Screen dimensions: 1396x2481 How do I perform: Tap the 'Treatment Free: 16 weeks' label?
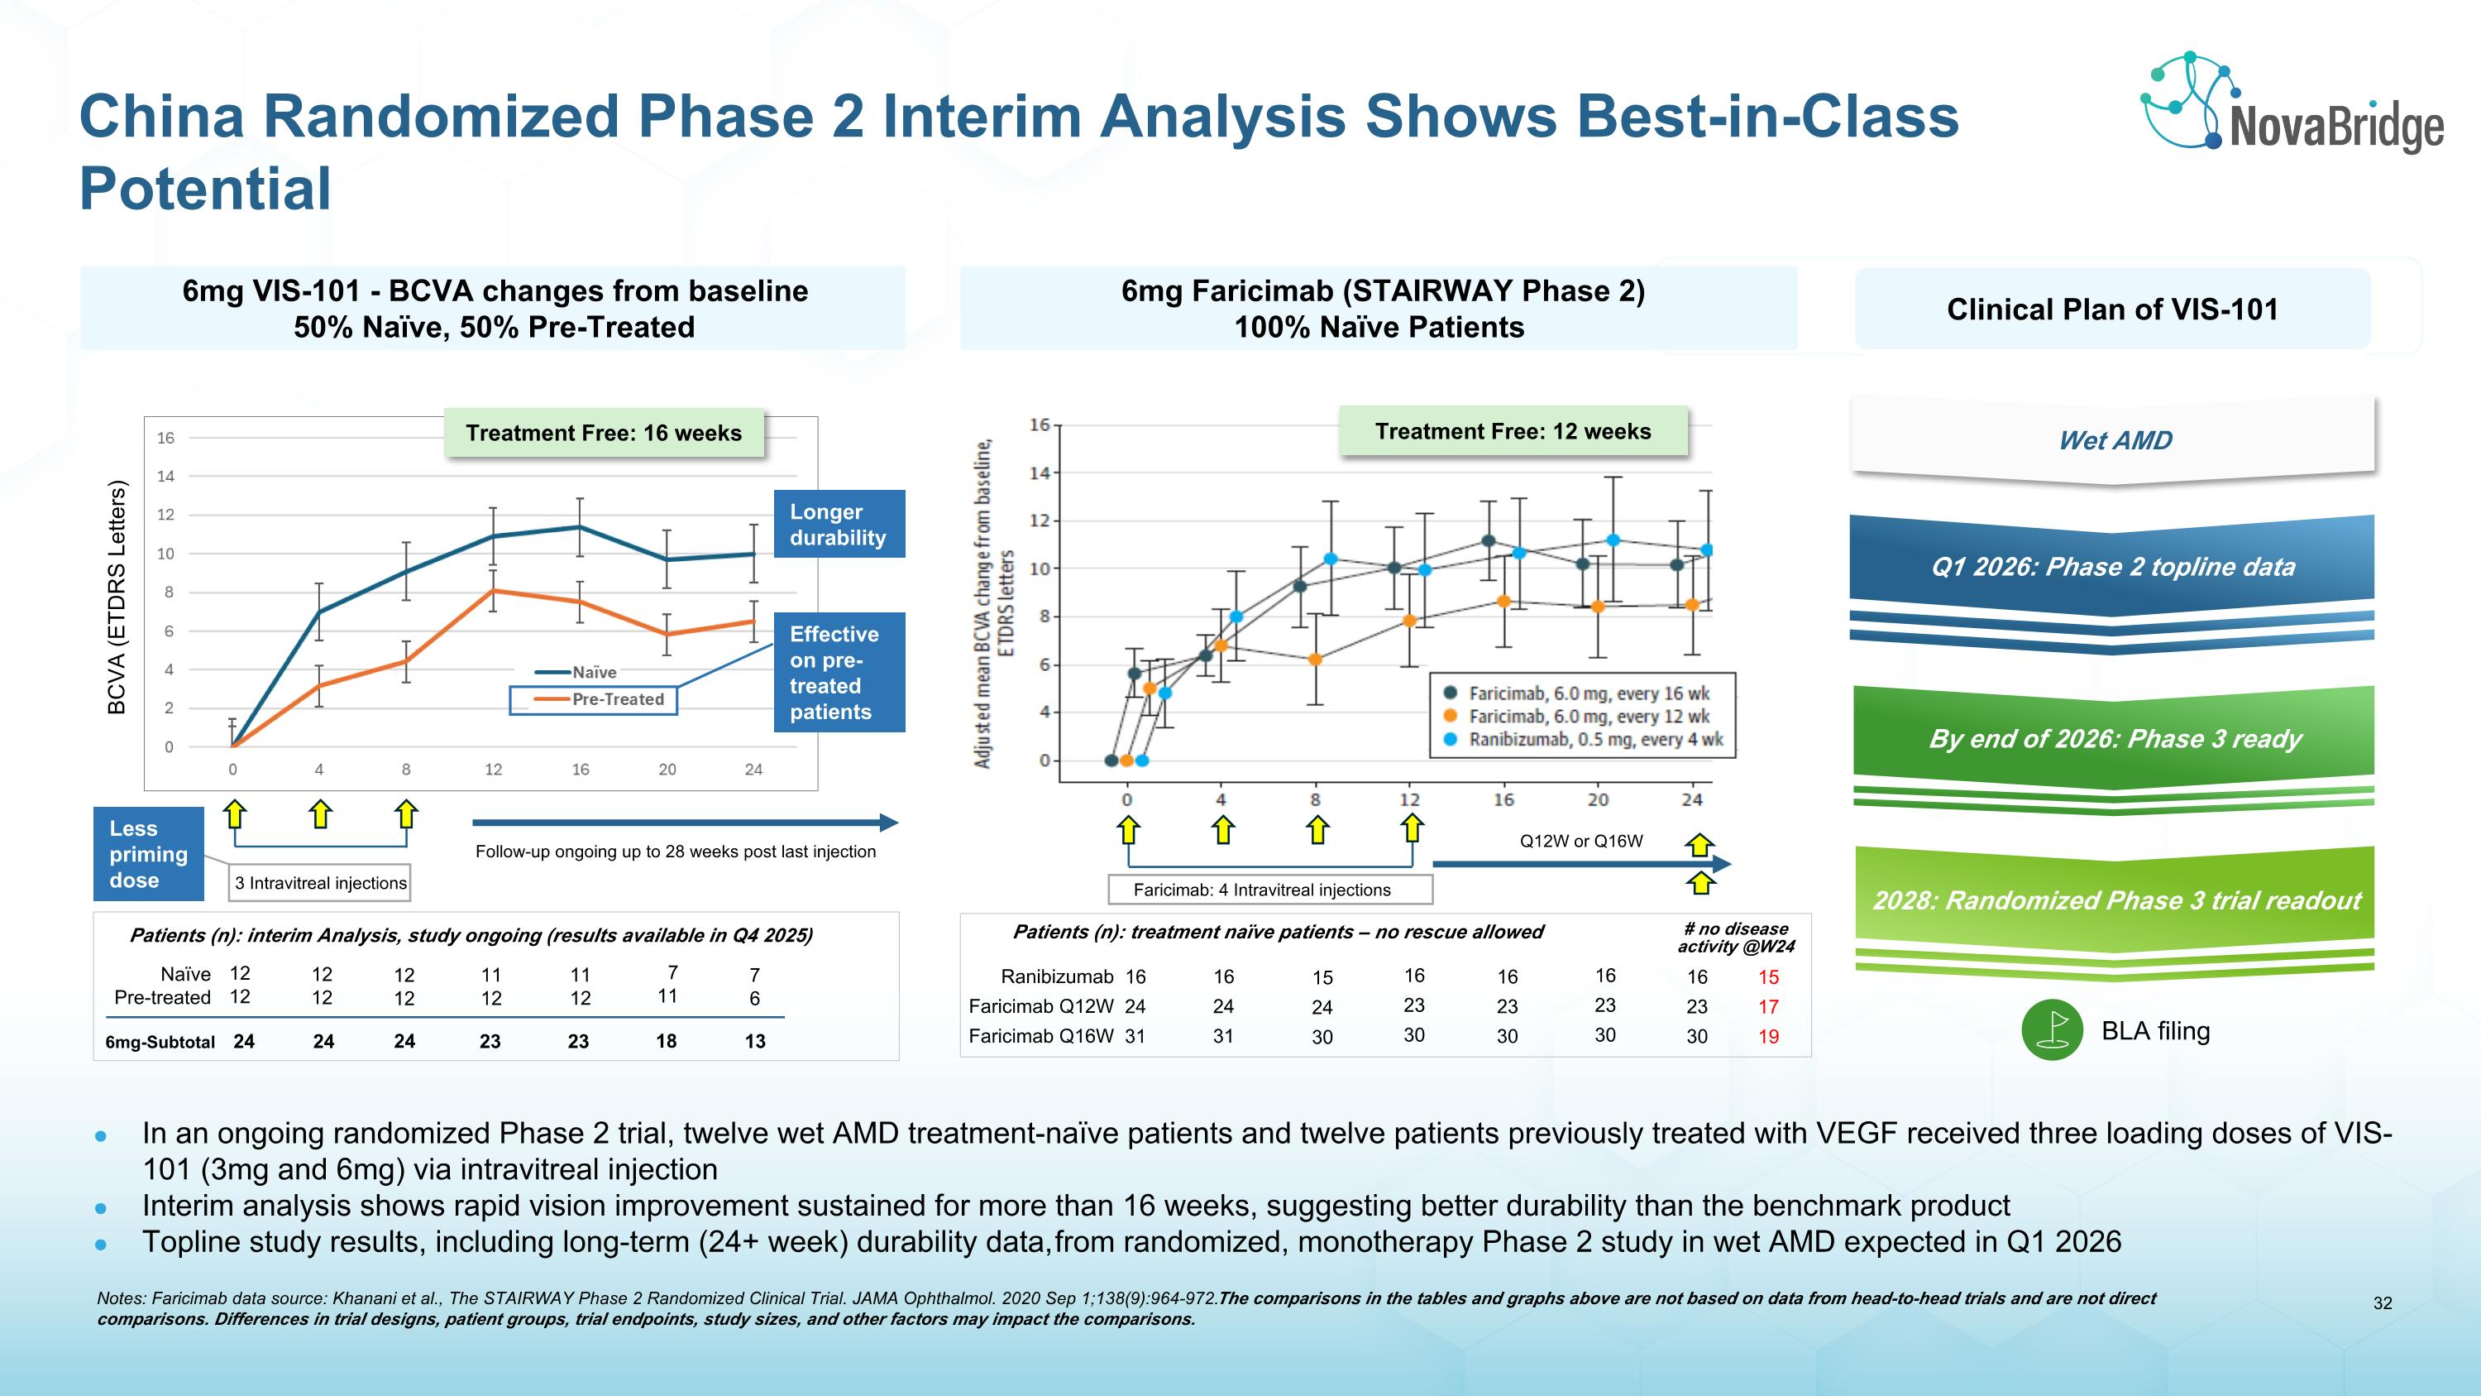pyautogui.click(x=604, y=434)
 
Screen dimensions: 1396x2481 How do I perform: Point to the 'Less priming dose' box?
pyautogui.click(x=148, y=854)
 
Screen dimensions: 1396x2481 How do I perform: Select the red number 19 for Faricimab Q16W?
pyautogui.click(x=1768, y=1037)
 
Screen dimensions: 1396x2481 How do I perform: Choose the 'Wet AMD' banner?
pyautogui.click(x=2114, y=440)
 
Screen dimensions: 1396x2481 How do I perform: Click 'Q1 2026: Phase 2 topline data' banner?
pyautogui.click(x=2113, y=567)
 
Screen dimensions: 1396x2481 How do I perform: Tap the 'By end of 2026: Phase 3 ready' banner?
pyautogui.click(x=2114, y=739)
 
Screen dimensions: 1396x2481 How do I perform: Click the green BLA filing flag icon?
pyautogui.click(x=2052, y=1031)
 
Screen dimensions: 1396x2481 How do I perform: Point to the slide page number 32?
pyautogui.click(x=2382, y=1303)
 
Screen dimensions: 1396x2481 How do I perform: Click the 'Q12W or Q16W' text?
pyautogui.click(x=1580, y=841)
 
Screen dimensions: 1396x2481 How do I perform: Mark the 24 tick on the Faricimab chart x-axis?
pyautogui.click(x=1692, y=799)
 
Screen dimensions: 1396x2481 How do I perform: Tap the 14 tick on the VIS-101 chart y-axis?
pyautogui.click(x=165, y=476)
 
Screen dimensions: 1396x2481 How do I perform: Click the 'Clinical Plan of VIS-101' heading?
pyautogui.click(x=2112, y=309)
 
